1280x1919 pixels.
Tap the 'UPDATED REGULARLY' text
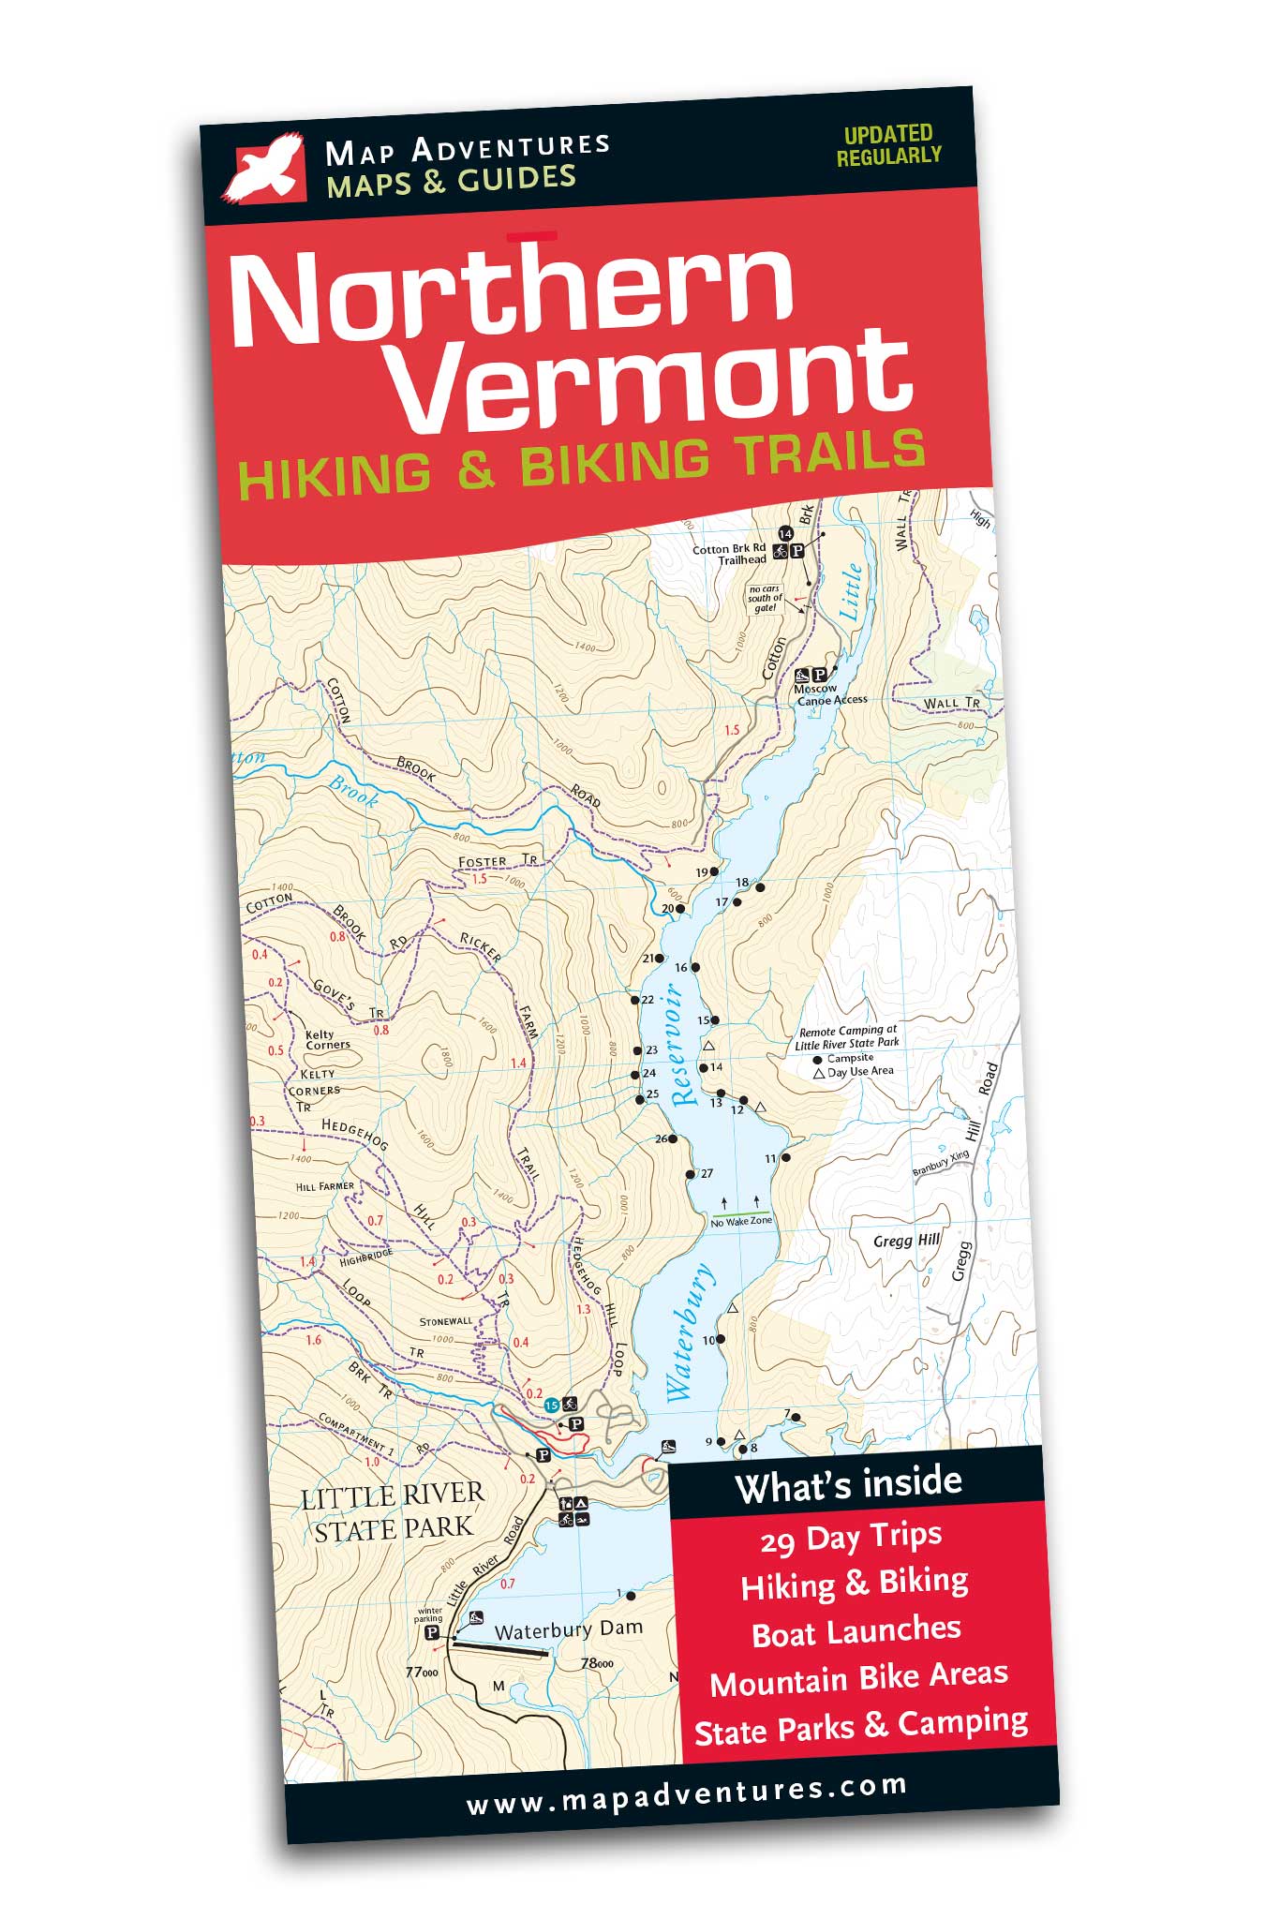[x=887, y=145]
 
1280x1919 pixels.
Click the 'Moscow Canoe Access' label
[x=830, y=694]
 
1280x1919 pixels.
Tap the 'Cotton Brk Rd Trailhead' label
[x=729, y=554]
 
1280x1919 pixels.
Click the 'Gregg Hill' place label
[x=905, y=1241]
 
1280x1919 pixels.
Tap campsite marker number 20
[x=680, y=909]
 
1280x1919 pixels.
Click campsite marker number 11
[x=785, y=1158]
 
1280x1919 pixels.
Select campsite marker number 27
[x=691, y=1174]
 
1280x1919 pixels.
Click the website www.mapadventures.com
[x=686, y=1796]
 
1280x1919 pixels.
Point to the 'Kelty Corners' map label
[x=327, y=1039]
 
